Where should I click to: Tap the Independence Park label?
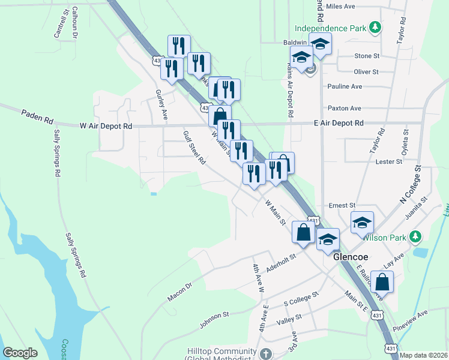(x=330, y=28)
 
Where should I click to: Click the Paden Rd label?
(x=37, y=116)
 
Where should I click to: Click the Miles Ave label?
(x=342, y=7)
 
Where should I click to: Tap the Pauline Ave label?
(x=345, y=86)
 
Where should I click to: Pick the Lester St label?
(x=388, y=161)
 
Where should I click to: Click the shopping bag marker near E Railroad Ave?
(x=382, y=281)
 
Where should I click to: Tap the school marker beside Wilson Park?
(x=363, y=223)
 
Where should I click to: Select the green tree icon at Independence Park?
(x=375, y=28)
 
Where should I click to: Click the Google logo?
(x=20, y=353)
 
